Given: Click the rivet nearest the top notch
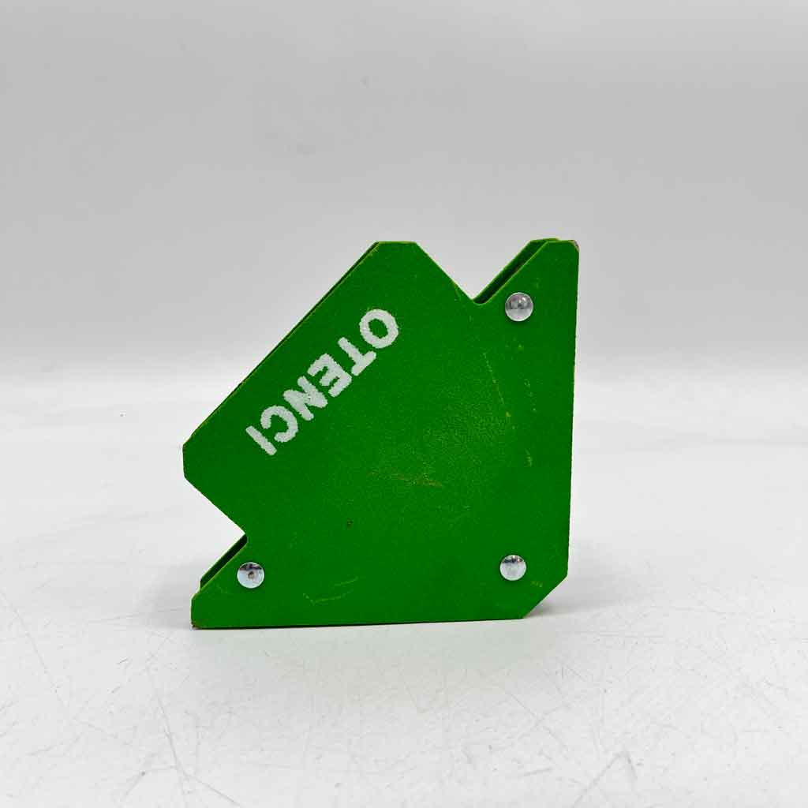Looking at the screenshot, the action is click(518, 307).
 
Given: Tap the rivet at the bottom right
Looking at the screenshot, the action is click(513, 567).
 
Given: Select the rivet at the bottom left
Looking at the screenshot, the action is click(251, 574).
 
